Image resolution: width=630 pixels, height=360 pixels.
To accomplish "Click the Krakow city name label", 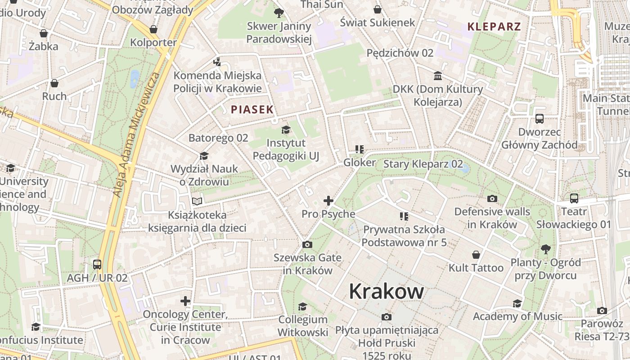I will (386, 291).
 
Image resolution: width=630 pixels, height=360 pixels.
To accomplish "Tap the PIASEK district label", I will (252, 109).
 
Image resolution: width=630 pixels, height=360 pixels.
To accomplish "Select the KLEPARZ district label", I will (494, 27).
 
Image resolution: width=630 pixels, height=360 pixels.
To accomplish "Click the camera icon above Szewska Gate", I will (307, 244).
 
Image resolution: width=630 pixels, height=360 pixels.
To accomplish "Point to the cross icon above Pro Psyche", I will (328, 201).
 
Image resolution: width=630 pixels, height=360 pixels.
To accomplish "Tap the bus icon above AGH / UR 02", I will (97, 265).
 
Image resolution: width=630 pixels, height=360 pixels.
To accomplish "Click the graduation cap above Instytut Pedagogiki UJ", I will (286, 130).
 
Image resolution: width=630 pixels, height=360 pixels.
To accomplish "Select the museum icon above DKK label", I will (438, 76).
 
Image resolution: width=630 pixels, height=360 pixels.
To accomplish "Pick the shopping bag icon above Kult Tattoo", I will (476, 255).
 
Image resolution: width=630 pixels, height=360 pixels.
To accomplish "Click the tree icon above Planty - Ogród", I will (545, 248).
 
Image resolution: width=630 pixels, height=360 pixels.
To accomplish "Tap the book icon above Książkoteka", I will (197, 201).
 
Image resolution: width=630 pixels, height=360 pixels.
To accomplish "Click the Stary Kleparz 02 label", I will (423, 164).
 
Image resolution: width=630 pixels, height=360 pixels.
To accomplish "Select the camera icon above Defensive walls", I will (492, 198).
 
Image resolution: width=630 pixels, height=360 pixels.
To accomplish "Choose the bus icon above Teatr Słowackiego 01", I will (574, 198).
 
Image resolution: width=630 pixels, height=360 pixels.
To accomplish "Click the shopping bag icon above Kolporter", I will (153, 29).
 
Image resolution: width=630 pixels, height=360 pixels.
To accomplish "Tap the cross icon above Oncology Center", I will (185, 301).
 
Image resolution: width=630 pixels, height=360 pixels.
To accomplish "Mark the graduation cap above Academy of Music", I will (517, 303).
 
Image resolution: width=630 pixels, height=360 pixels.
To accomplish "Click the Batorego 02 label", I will (218, 138).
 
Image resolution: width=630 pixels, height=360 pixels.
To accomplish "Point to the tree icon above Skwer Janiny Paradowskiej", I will (279, 13).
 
